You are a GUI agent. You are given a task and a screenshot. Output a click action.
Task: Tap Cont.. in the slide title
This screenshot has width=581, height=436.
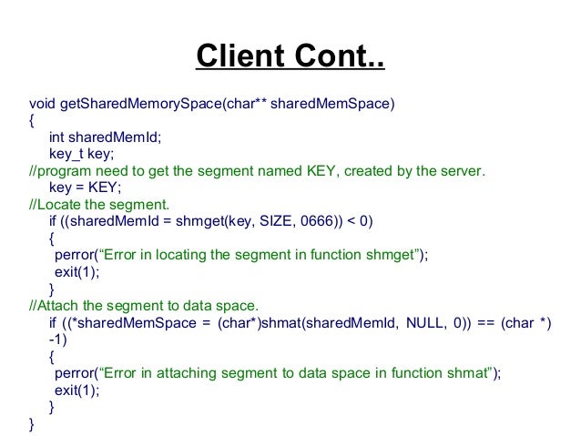(x=338, y=60)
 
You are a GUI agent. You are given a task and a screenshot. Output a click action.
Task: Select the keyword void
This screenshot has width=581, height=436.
(x=41, y=103)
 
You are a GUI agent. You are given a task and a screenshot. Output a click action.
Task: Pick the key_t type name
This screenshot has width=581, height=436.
(x=66, y=154)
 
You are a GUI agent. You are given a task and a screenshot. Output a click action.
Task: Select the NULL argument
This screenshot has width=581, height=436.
(x=420, y=323)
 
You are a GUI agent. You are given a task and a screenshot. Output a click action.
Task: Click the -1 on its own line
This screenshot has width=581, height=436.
(x=56, y=340)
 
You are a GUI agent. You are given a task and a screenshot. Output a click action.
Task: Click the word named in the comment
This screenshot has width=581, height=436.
(x=258, y=170)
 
